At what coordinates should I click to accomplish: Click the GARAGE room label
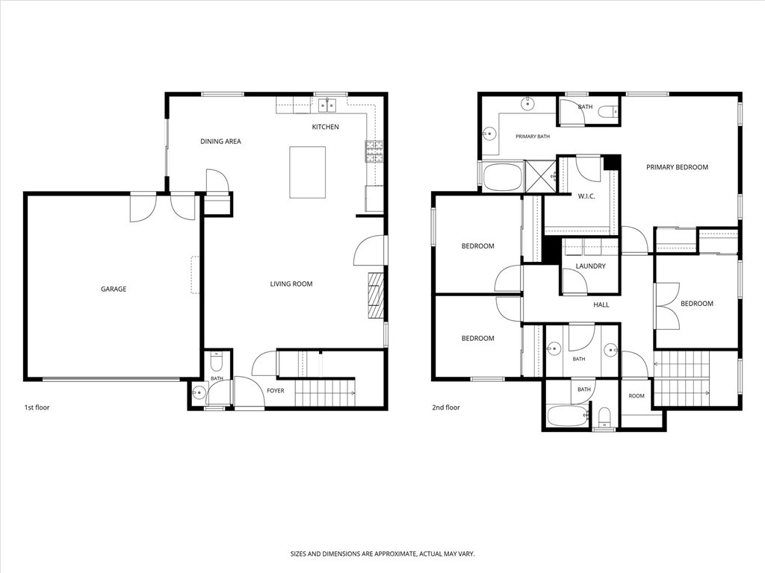[114, 289]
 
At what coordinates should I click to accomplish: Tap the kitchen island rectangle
[307, 172]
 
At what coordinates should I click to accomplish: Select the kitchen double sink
[327, 104]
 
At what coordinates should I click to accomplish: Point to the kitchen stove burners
[375, 151]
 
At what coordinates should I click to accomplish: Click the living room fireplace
[377, 295]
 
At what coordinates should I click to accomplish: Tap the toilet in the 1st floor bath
[216, 362]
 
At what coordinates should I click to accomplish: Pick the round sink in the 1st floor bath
[199, 392]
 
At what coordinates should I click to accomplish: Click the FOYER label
[275, 390]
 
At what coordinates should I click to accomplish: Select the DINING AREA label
[220, 141]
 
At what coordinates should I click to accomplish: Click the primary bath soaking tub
[502, 177]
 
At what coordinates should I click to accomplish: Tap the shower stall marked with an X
[540, 176]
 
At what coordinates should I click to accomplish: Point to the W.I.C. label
[586, 196]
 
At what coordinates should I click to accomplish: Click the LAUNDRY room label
[590, 266]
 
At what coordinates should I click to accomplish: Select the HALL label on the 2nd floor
[601, 304]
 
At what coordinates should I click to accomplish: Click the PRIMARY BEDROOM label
[677, 167]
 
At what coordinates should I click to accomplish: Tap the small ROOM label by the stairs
[637, 395]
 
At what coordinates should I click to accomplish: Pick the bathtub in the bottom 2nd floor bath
[566, 416]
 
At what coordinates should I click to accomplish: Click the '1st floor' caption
[37, 407]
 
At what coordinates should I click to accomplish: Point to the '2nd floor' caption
[446, 407]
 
